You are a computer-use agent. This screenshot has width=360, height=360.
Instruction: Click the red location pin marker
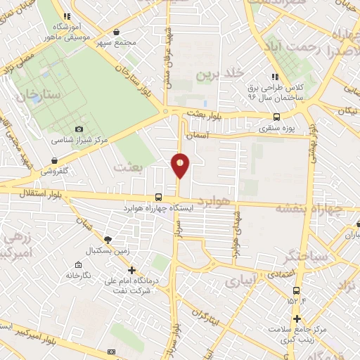[180, 165]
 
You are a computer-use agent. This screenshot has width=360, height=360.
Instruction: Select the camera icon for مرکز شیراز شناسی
[79, 129]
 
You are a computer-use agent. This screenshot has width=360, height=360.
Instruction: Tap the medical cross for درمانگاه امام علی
[131, 270]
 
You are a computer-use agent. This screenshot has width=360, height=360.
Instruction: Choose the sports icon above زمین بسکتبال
[107, 239]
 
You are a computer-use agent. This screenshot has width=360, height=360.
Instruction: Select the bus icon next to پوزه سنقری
[276, 117]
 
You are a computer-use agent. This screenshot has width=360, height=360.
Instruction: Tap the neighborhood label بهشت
[128, 167]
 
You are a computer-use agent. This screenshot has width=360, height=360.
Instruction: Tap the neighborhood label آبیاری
[241, 281]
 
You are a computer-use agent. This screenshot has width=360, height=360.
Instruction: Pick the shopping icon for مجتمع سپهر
[116, 32]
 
